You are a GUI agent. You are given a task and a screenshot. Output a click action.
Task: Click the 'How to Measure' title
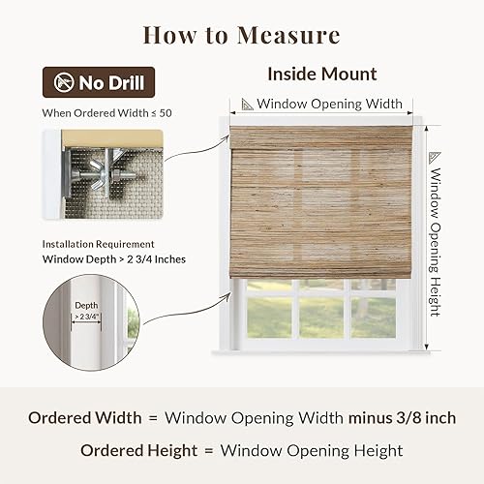242,36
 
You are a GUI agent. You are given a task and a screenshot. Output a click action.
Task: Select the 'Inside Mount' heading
320,74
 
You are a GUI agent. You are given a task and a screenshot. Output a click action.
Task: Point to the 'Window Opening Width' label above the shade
330,103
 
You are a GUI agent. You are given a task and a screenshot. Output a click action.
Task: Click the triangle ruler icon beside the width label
248,103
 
